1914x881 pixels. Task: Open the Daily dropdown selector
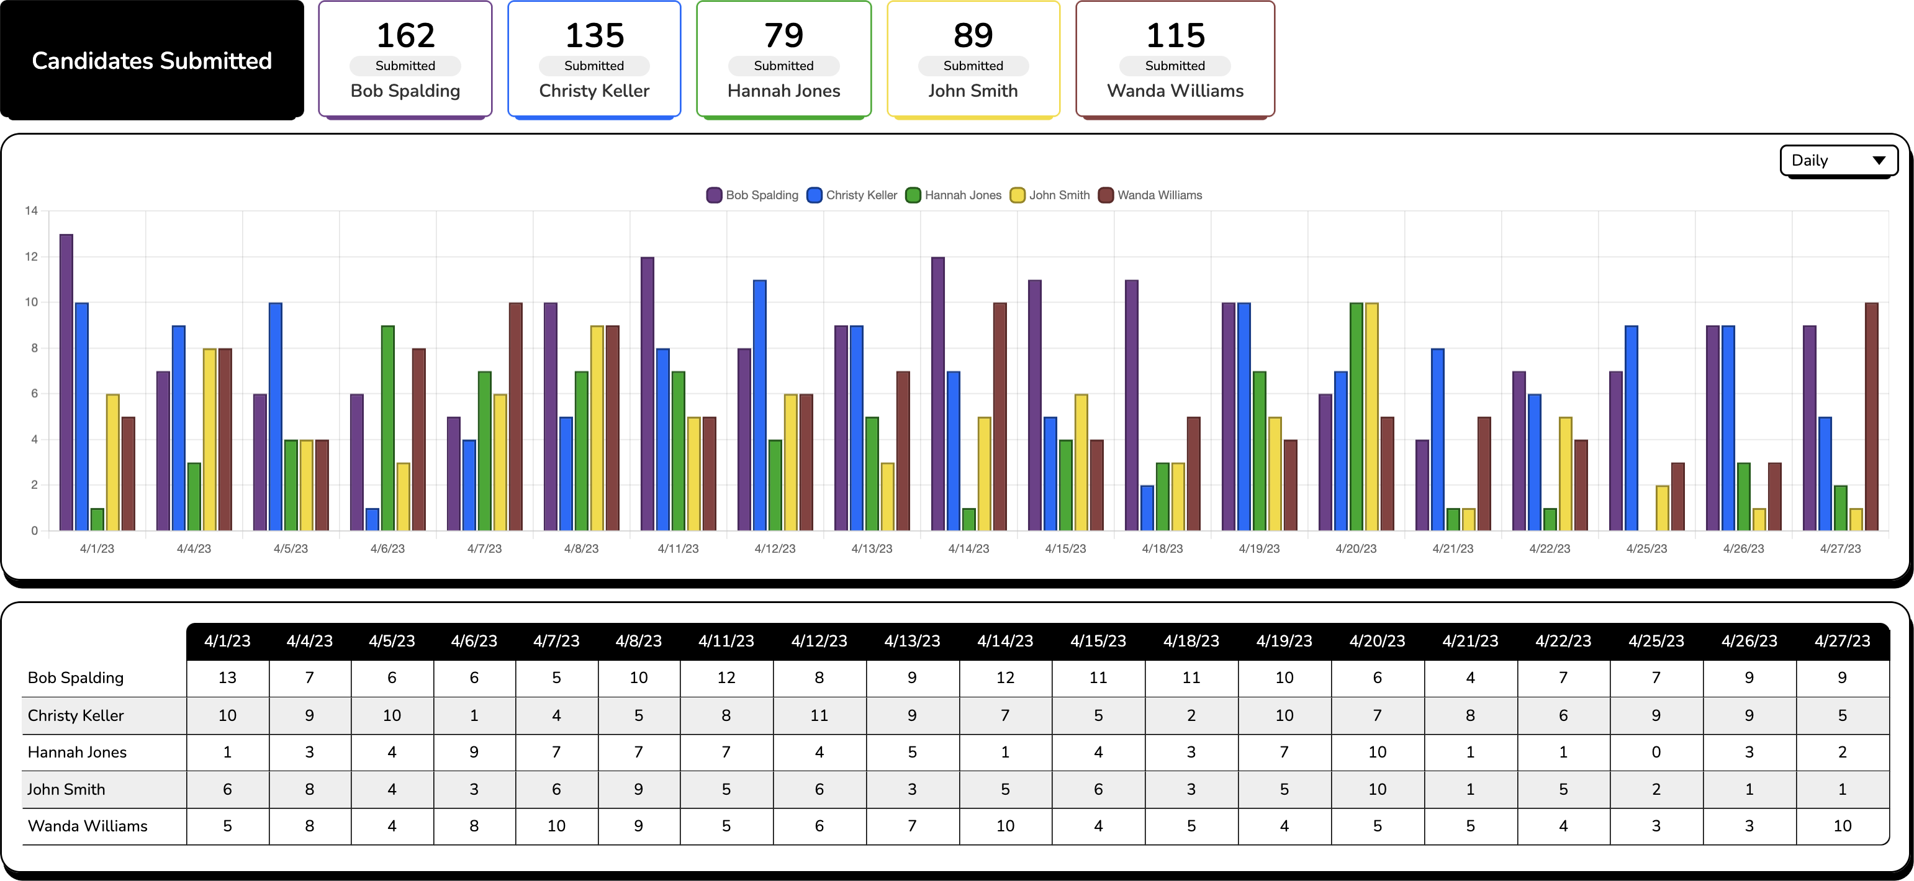[x=1838, y=161]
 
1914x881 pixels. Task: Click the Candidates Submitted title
[x=151, y=60]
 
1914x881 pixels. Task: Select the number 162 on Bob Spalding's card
[x=405, y=35]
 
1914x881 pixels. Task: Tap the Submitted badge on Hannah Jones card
[x=783, y=65]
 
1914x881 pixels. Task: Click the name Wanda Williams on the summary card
[x=1175, y=91]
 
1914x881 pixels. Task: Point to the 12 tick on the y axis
[x=31, y=257]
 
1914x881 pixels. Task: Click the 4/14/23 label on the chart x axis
[x=968, y=548]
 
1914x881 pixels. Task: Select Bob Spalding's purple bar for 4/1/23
[x=66, y=383]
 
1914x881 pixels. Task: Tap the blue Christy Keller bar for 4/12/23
[x=759, y=405]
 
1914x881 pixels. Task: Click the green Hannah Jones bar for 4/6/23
[x=388, y=428]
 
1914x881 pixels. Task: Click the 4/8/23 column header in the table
[x=638, y=641]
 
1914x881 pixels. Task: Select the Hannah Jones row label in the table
[x=77, y=752]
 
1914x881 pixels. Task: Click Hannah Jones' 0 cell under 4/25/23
[x=1656, y=752]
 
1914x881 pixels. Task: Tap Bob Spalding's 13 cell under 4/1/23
[x=227, y=678]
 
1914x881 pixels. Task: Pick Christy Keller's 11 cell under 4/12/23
[x=819, y=715]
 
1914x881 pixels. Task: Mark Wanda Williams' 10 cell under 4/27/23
[x=1842, y=826]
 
